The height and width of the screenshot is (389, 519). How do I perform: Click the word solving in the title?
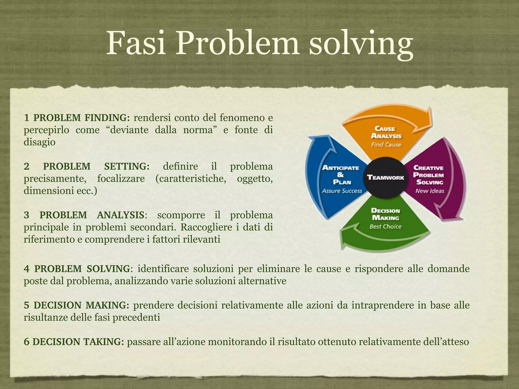click(x=361, y=44)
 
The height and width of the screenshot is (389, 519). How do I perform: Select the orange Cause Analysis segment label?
click(x=385, y=132)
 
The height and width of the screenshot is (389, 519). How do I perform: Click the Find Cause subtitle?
click(x=386, y=145)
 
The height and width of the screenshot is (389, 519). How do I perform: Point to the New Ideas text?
click(x=430, y=191)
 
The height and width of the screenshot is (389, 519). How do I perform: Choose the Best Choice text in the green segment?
click(x=385, y=226)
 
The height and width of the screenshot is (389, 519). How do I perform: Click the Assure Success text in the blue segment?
click(x=342, y=191)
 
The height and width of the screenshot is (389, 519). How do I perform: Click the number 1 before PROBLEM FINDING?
click(x=26, y=118)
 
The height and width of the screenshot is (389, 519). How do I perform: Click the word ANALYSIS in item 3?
click(x=120, y=215)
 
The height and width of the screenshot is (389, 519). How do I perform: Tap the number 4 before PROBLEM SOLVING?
click(x=26, y=269)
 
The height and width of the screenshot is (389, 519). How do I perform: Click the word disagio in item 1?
click(x=39, y=142)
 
